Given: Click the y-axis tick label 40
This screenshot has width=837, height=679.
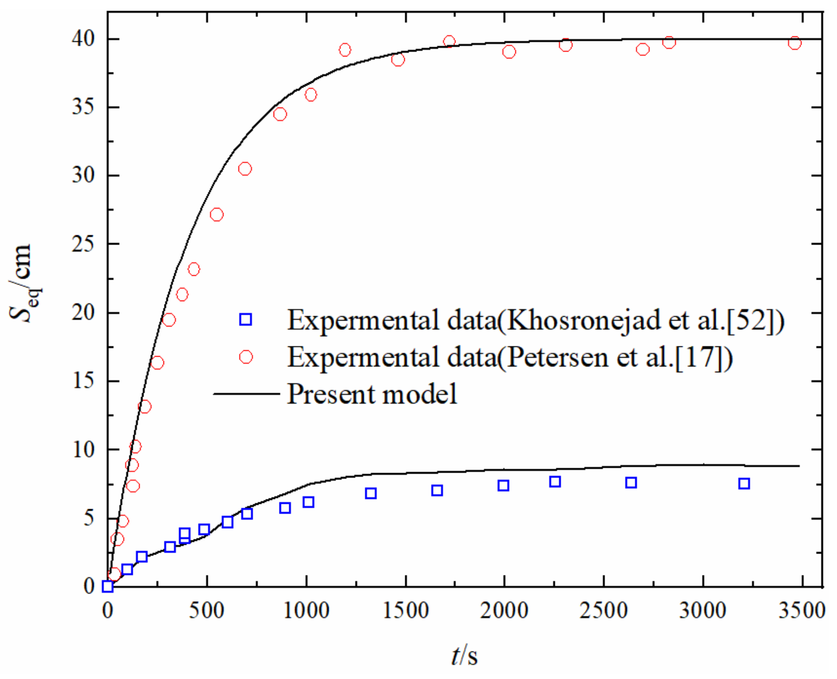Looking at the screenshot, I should pos(83,39).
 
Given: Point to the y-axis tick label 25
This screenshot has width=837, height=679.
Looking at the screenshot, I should pos(83,244).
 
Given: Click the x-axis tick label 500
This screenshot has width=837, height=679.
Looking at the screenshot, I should pos(207,611).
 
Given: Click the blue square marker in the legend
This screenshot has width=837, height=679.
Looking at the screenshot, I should pos(246,319).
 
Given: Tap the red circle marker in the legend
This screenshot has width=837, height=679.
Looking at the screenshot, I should pos(246,357).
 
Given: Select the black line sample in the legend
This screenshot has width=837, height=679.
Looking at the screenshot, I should pos(247,394).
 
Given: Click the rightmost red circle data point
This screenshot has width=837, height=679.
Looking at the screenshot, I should pos(795,43).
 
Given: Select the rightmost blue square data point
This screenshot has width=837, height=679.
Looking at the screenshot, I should pos(744,483).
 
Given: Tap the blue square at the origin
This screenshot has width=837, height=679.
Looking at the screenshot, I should pos(108,586).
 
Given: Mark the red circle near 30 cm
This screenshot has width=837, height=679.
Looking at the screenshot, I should pos(245,169).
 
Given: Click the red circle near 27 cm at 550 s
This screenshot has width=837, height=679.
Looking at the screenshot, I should pos(216,215).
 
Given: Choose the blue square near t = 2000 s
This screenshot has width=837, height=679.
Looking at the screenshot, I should pos(503,485).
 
